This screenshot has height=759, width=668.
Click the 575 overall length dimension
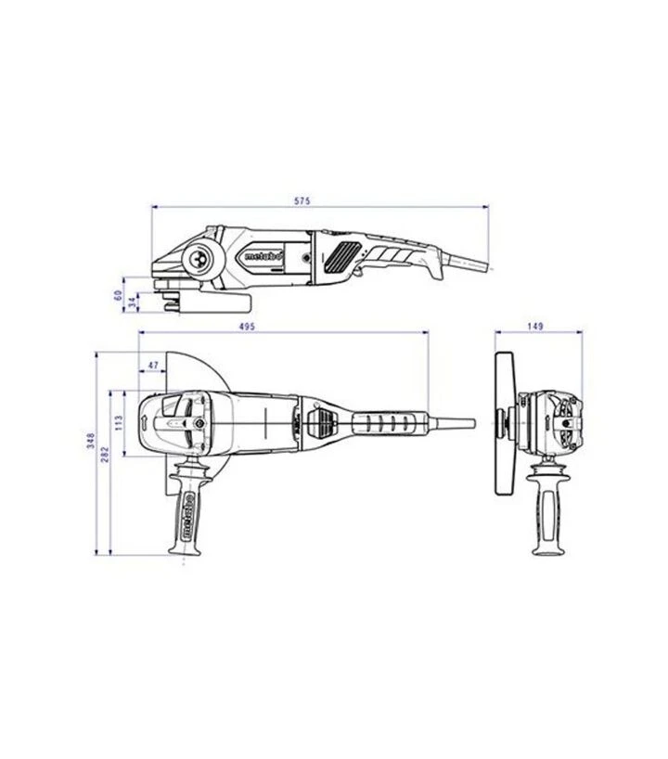point(302,200)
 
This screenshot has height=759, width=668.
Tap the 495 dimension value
point(247,327)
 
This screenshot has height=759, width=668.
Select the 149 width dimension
point(535,327)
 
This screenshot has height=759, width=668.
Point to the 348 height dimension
point(90,441)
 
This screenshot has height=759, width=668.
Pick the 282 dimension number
point(105,454)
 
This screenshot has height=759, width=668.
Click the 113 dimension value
point(119,422)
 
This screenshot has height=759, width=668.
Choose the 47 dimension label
point(153,366)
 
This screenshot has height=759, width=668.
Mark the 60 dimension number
point(118,295)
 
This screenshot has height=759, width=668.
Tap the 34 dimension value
point(132,302)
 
